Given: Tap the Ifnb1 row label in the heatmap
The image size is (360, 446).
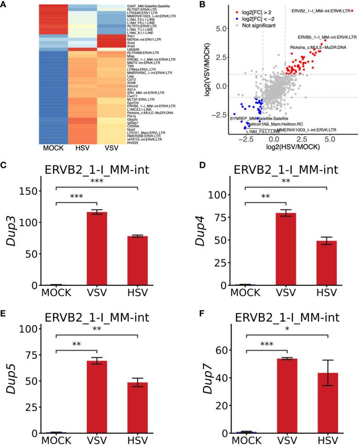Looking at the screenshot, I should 132,35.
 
